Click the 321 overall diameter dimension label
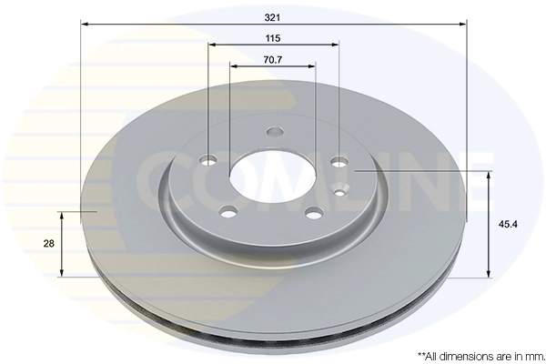pyautogui.click(x=272, y=17)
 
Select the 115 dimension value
pyautogui.click(x=273, y=38)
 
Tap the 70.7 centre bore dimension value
pyautogui.click(x=273, y=60)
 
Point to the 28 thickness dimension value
pyautogui.click(x=49, y=244)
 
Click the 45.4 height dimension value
pyautogui.click(x=508, y=225)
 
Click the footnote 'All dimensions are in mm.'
pyautogui.click(x=480, y=356)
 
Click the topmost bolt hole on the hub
pyautogui.click(x=275, y=132)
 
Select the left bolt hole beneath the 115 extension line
pyautogui.click(x=209, y=160)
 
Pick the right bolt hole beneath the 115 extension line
pyautogui.click(x=339, y=161)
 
